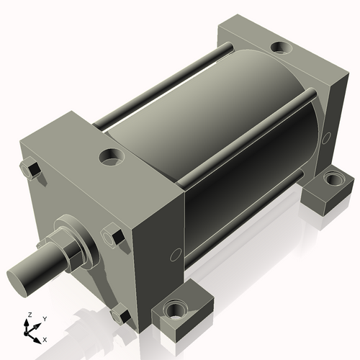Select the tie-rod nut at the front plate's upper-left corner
(x=30, y=170)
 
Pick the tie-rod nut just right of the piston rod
(x=112, y=235)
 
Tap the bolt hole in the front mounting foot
(x=175, y=311)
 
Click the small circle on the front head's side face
(x=174, y=255)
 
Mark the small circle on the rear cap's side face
(x=328, y=136)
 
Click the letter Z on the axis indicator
(x=29, y=315)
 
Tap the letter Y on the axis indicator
(x=44, y=318)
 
